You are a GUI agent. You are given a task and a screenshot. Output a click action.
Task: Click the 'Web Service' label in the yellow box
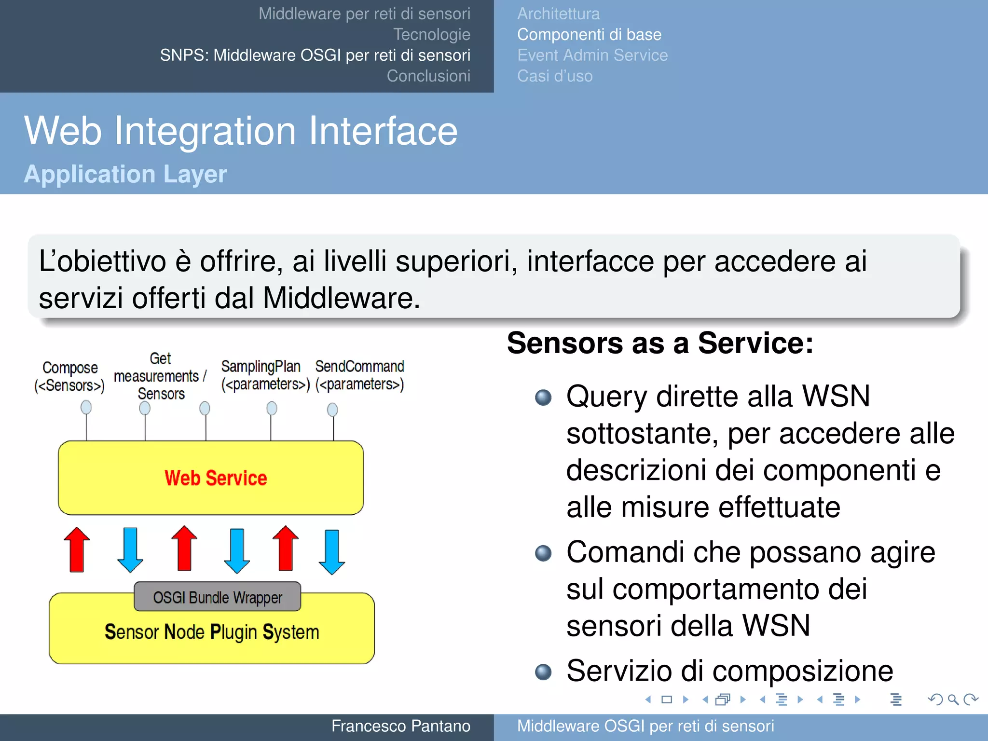tap(216, 478)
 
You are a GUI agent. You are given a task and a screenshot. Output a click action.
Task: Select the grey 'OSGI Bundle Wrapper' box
tap(218, 597)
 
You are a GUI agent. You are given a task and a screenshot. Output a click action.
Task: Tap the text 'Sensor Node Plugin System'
tap(212, 632)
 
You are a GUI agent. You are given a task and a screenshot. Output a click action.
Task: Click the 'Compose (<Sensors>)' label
tap(69, 376)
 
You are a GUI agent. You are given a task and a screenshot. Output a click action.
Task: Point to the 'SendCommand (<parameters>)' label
tap(359, 375)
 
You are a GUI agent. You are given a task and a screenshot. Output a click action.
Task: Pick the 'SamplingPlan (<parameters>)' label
tap(265, 375)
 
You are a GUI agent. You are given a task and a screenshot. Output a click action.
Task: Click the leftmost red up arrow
tap(77, 550)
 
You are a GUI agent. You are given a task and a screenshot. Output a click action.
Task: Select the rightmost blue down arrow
tap(332, 551)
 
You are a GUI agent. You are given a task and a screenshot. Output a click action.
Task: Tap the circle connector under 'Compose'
tap(86, 408)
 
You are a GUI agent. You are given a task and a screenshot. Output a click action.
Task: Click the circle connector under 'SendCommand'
tap(332, 410)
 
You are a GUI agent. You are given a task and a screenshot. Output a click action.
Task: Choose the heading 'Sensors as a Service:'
tap(660, 343)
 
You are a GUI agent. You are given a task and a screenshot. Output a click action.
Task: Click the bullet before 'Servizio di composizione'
tap(543, 672)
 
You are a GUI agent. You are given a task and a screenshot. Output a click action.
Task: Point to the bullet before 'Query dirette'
tap(543, 398)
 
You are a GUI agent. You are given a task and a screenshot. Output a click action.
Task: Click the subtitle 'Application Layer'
tap(125, 174)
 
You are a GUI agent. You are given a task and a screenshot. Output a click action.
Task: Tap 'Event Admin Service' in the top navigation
tap(592, 55)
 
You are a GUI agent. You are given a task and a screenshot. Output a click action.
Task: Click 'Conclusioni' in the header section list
tap(428, 76)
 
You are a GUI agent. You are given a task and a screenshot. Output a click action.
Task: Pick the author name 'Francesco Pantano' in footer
tap(400, 726)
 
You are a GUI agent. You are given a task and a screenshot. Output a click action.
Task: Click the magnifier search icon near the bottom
tap(953, 700)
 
